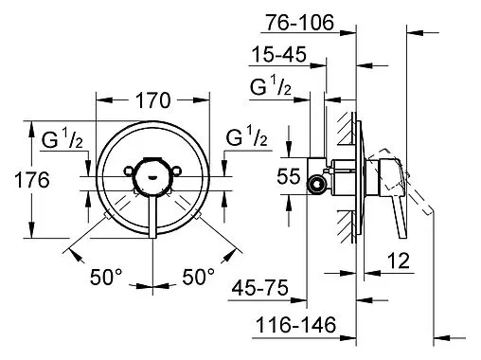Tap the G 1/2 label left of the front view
tap(62, 142)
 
